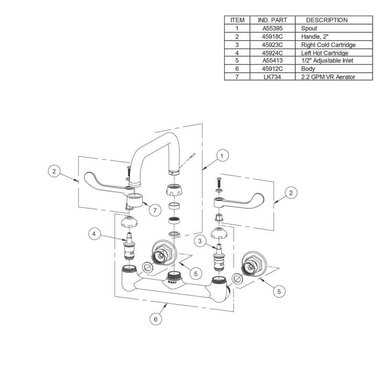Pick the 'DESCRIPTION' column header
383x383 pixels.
pyautogui.click(x=327, y=20)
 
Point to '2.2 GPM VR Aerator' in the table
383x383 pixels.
pyautogui.click(x=328, y=77)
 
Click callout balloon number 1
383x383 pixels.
pyautogui.click(x=223, y=155)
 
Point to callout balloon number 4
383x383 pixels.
pyautogui.click(x=95, y=235)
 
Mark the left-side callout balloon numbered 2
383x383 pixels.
pyautogui.click(x=55, y=170)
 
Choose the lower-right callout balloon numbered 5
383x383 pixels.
pyautogui.click(x=280, y=290)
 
